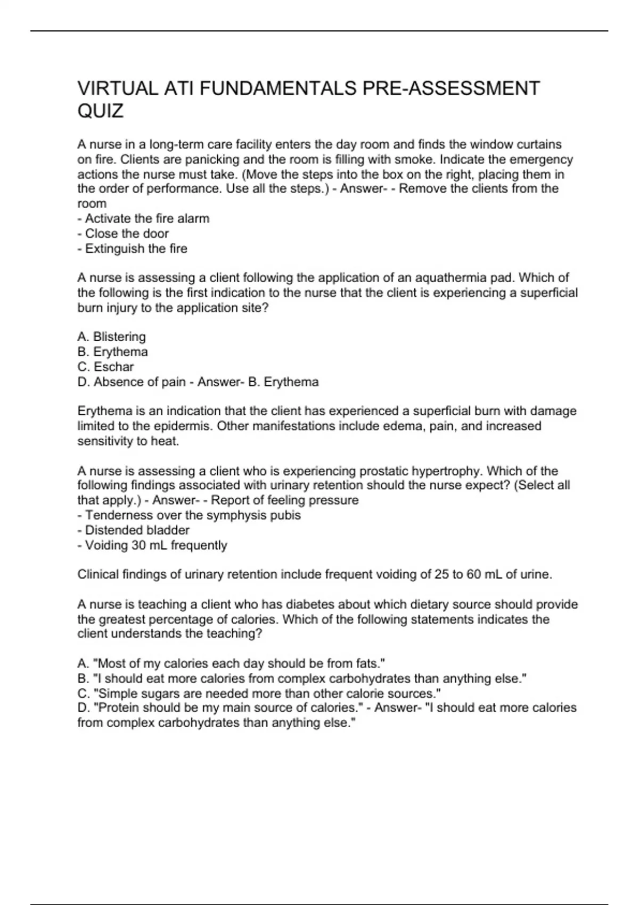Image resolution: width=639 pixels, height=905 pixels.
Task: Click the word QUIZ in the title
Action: tap(101, 111)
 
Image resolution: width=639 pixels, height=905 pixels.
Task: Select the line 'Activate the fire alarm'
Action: tap(143, 218)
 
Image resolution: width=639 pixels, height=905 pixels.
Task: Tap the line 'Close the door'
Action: tap(123, 233)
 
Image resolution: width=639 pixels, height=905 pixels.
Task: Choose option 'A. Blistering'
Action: tap(111, 336)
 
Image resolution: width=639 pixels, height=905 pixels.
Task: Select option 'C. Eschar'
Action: tap(105, 367)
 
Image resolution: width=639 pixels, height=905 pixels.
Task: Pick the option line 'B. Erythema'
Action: tap(112, 352)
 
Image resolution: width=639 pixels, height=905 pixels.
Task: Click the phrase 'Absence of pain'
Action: tap(140, 382)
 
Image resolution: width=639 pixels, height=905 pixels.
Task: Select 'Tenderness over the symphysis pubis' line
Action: tap(189, 515)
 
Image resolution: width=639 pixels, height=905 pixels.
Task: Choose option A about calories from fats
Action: tap(231, 663)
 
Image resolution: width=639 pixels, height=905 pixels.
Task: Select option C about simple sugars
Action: tap(259, 694)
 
